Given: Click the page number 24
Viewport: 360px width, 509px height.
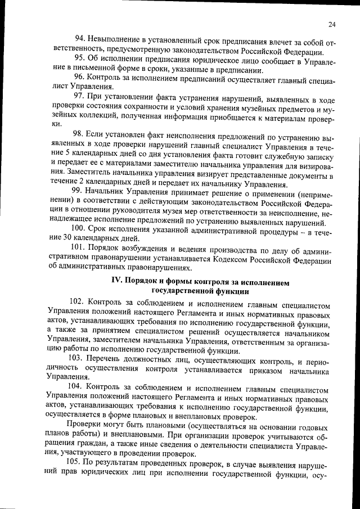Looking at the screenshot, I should (x=332, y=24).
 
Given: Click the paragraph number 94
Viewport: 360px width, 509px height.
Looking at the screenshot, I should (x=80, y=39).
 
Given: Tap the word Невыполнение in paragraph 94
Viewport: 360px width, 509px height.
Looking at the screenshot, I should (x=115, y=39).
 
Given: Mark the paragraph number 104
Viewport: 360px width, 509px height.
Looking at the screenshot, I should (x=79, y=388).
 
